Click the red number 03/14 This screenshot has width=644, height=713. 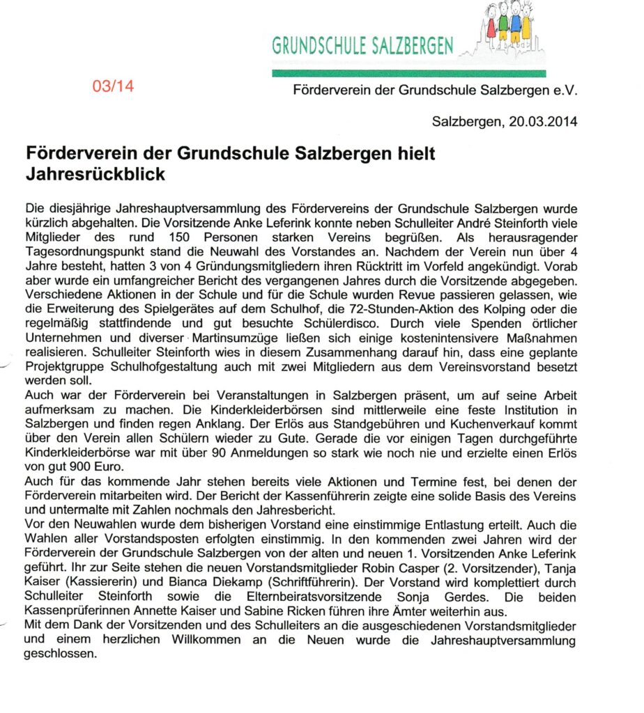[112, 87]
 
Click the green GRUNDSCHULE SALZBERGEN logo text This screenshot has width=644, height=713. [362, 46]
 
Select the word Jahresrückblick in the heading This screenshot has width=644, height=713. [95, 173]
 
